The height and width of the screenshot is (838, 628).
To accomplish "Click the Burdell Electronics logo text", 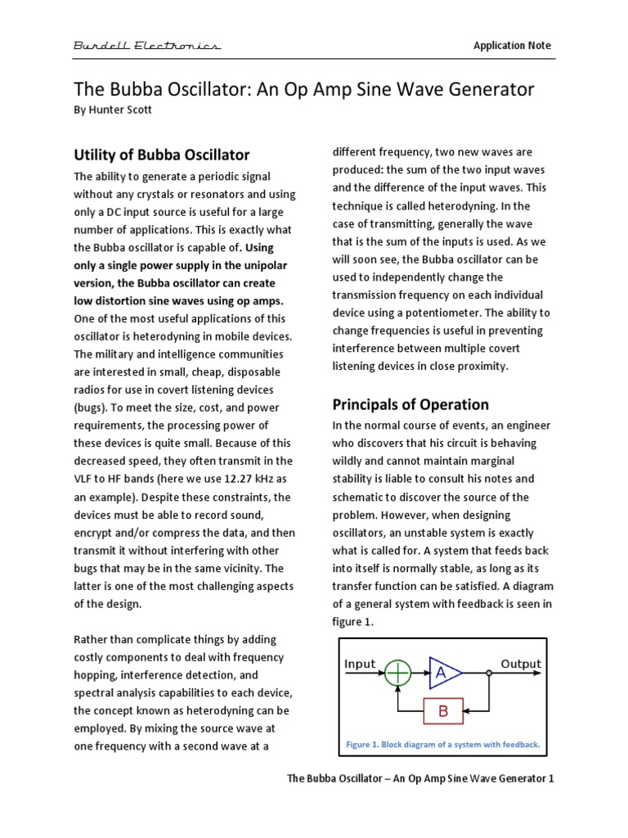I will pyautogui.click(x=146, y=46).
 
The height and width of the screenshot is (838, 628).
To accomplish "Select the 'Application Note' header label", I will pyautogui.click(x=512, y=46).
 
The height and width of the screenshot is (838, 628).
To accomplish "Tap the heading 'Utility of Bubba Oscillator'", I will pyautogui.click(x=162, y=155).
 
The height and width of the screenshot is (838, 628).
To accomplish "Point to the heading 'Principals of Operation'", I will pyautogui.click(x=410, y=404).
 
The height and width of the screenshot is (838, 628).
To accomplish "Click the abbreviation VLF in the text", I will pyautogui.click(x=87, y=479).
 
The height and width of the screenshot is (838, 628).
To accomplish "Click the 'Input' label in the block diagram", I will pyautogui.click(x=361, y=664).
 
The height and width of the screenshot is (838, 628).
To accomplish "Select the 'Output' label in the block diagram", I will pyautogui.click(x=521, y=664).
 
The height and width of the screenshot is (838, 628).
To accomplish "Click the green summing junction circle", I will pyautogui.click(x=398, y=674).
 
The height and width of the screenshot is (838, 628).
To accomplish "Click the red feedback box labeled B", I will pyautogui.click(x=443, y=711).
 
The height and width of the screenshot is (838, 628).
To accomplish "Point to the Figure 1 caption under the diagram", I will pyautogui.click(x=442, y=745).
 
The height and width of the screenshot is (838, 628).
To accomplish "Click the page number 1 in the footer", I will pyautogui.click(x=551, y=779).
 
